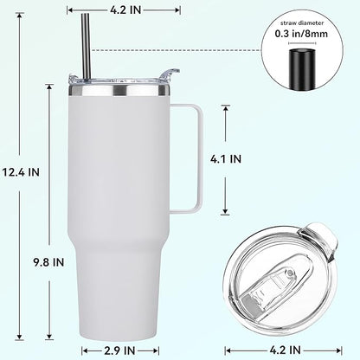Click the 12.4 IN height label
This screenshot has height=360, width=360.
(x=22, y=171)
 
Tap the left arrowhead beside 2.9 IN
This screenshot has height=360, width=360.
(x=85, y=350)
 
